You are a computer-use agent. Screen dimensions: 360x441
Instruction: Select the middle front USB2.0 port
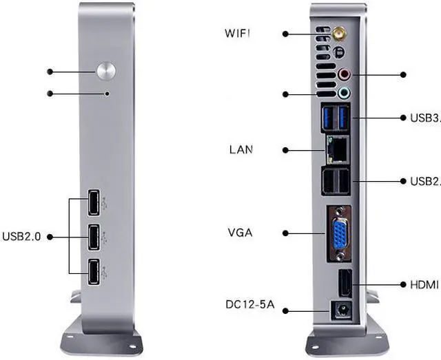point(92,237)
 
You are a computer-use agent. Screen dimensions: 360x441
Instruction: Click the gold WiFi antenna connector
point(339,32)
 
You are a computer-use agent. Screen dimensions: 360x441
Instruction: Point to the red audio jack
point(346,73)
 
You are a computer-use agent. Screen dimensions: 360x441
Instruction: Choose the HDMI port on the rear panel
point(345,284)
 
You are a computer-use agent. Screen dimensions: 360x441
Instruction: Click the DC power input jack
point(339,310)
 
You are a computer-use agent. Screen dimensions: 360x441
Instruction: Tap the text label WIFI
point(242,32)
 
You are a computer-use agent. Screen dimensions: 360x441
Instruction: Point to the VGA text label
point(240,233)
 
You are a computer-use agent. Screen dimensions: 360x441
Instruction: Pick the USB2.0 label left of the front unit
point(22,236)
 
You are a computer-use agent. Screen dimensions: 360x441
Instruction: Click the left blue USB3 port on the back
point(329,117)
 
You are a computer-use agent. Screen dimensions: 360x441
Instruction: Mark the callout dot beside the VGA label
point(285,233)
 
